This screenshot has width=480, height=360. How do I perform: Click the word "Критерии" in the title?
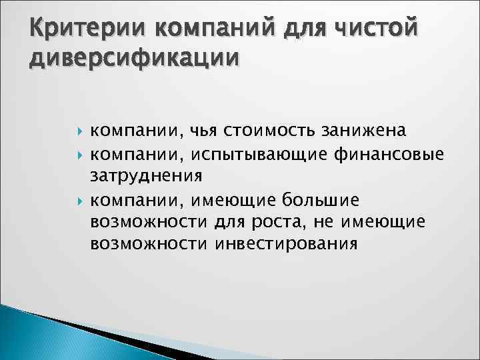[64, 29]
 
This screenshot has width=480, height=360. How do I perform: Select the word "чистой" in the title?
[367, 29]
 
